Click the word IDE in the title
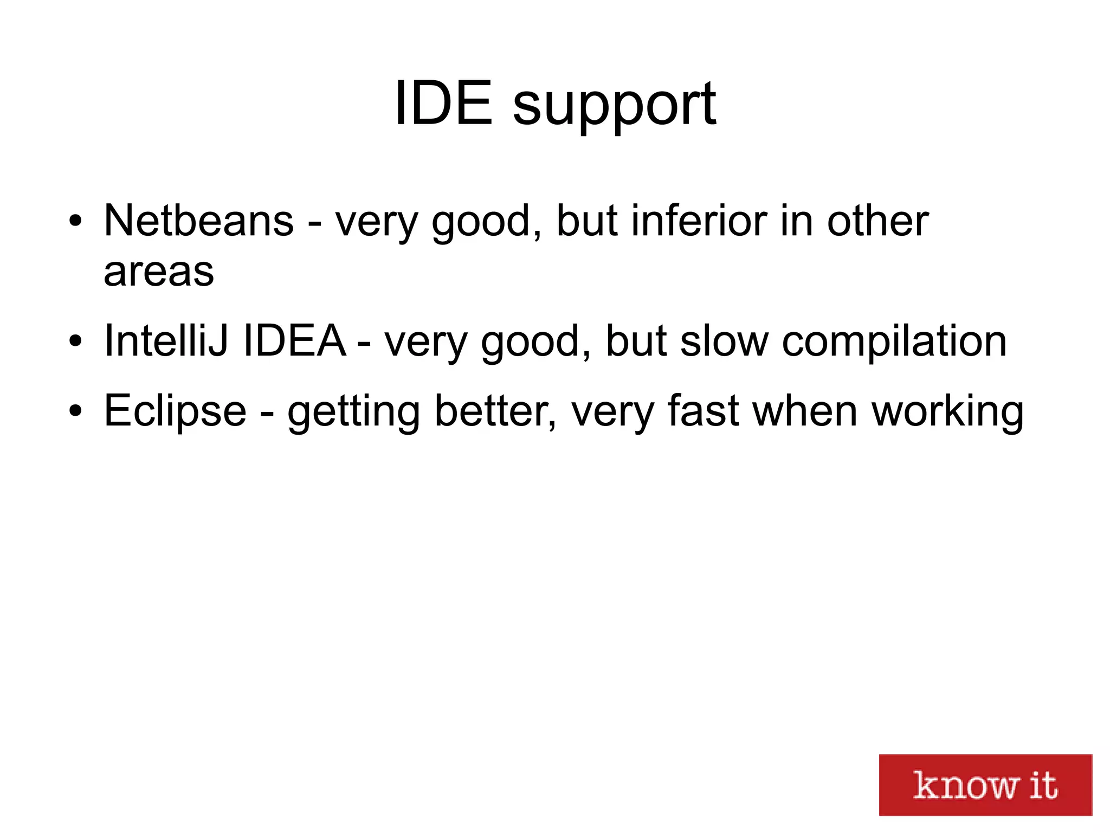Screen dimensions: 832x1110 point(443,103)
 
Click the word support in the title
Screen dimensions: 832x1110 point(614,106)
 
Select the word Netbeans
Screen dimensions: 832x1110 point(198,221)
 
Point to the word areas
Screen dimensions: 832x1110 point(159,272)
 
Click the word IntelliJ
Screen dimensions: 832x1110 point(165,340)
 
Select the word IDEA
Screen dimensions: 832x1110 point(294,340)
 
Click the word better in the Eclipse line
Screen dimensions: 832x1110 point(494,411)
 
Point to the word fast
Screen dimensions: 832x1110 point(702,411)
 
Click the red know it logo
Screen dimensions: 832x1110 point(985,784)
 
